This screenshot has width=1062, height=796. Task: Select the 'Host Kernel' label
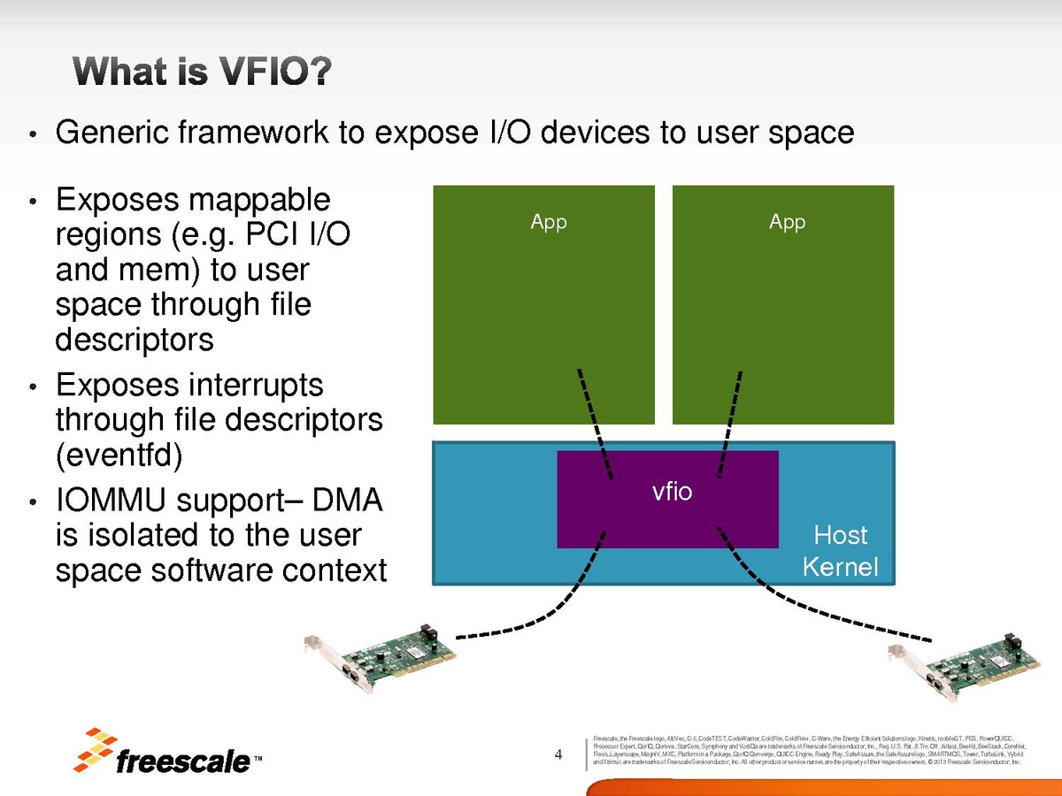click(x=840, y=550)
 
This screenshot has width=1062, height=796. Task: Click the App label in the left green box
click(x=549, y=223)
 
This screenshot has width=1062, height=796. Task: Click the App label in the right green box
click(x=787, y=223)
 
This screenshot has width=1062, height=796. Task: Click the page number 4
click(x=558, y=754)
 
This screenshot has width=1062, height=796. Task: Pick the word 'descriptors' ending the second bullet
click(x=135, y=340)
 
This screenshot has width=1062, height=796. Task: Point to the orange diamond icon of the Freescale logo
click(x=95, y=750)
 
